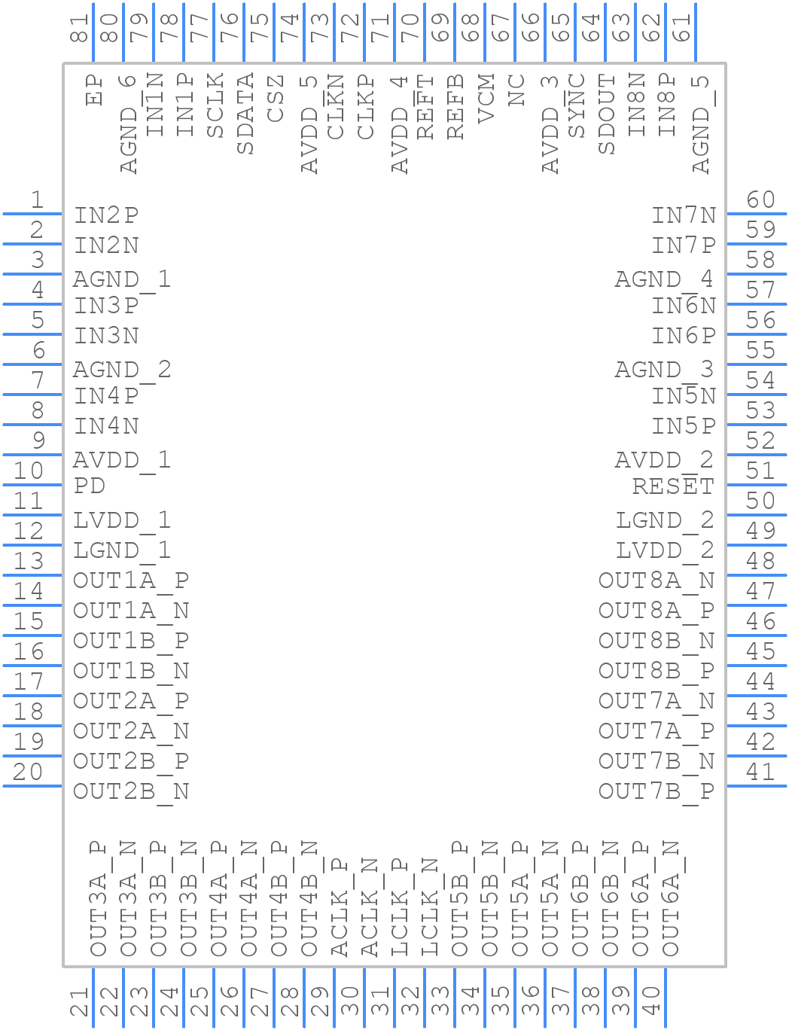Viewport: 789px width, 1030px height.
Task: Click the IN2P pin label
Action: point(106,215)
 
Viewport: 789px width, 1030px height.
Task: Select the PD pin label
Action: point(89,486)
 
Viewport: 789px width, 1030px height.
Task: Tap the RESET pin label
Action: point(673,486)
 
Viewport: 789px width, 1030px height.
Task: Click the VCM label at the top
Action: point(486,99)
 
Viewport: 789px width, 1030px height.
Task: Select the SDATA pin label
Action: point(245,114)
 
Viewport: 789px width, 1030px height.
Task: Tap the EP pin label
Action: point(94,90)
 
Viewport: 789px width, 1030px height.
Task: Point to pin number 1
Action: point(38,200)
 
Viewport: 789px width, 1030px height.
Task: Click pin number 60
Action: point(760,200)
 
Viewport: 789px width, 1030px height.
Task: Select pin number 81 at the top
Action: point(79,29)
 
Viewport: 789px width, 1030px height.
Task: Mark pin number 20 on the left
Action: point(28,772)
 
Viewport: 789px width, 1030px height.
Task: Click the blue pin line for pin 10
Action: point(32,485)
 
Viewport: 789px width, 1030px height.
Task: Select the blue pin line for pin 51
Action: point(757,485)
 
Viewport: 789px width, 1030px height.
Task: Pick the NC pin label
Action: point(516,90)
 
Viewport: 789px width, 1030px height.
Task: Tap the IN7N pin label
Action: point(684,215)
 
